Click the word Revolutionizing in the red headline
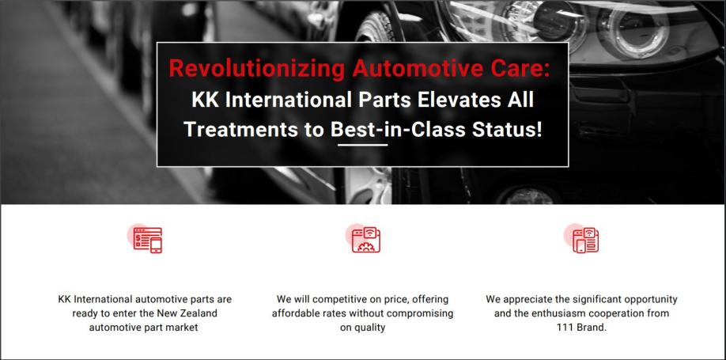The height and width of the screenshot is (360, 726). coord(256,69)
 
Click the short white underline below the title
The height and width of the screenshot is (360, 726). coord(362,145)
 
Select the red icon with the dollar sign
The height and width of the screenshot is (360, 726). coord(145,239)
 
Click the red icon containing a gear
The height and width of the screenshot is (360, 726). coord(364,239)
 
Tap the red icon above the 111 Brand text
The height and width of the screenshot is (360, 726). coord(581,239)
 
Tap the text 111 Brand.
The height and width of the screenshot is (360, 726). coord(581,328)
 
